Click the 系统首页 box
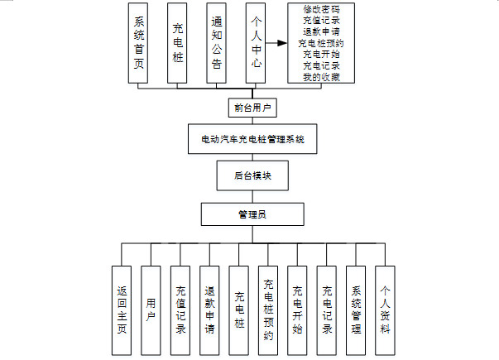tap(138, 43)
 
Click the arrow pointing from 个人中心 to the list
tap(276, 42)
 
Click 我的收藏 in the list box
tap(321, 77)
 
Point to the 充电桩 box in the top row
tap(177, 43)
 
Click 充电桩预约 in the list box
tap(321, 44)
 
